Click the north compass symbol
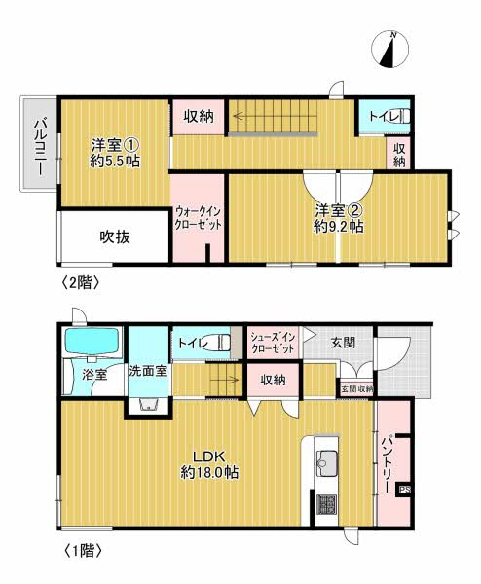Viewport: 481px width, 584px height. (393, 50)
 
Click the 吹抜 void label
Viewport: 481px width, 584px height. (114, 236)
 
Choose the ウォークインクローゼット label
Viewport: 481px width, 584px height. (198, 217)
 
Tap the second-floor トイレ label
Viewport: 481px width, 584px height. (381, 119)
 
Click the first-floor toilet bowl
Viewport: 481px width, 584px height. (223, 342)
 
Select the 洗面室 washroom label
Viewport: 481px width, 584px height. (147, 371)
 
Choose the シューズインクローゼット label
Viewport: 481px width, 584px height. (272, 343)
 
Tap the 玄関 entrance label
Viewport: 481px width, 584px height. (342, 342)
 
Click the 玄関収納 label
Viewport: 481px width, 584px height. (355, 388)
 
